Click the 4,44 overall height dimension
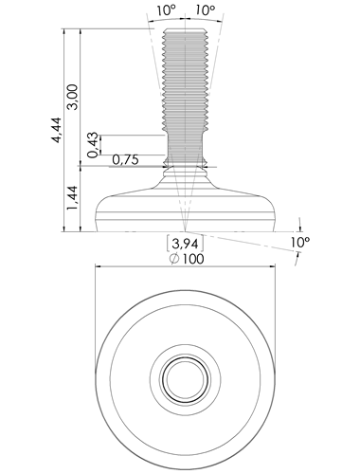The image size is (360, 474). point(57,130)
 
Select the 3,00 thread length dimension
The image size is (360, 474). point(73,97)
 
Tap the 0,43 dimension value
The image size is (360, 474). point(93,145)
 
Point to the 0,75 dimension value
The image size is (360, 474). point(125,160)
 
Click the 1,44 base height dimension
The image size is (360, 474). point(72,198)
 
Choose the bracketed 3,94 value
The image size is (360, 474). point(185,244)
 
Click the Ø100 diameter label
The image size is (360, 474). point(187,259)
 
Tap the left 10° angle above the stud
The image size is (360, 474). point(166,10)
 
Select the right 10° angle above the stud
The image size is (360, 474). point(206,10)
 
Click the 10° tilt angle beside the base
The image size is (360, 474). point(300,243)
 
